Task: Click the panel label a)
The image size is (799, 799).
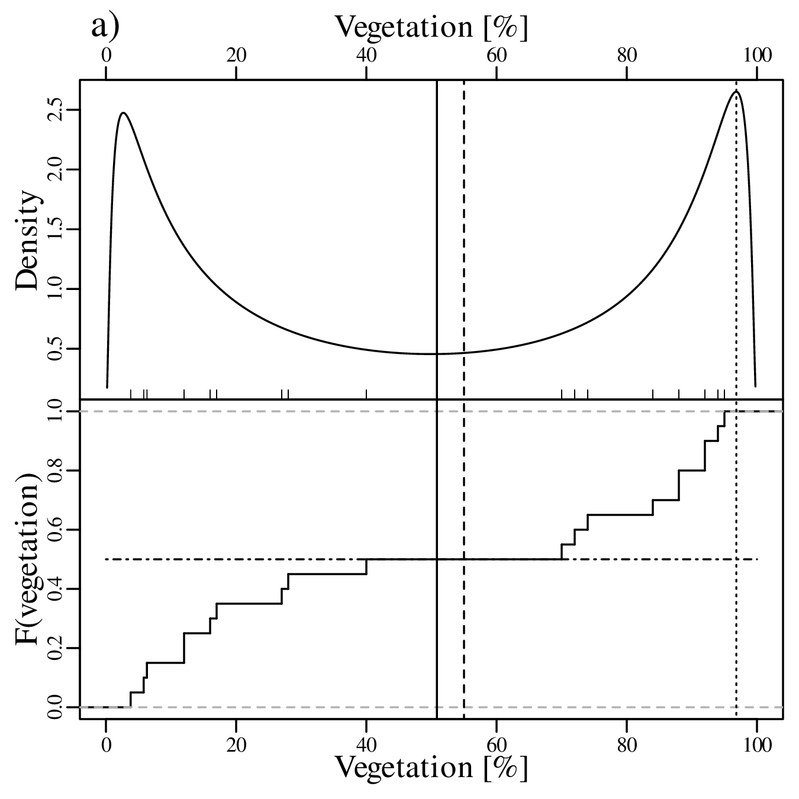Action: click(x=105, y=27)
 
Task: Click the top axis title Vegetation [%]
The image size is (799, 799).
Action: click(x=431, y=27)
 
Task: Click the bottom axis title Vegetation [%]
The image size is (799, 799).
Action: click(x=431, y=767)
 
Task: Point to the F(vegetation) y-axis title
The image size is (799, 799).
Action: click(x=28, y=559)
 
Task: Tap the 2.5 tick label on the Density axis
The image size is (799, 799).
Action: click(x=56, y=110)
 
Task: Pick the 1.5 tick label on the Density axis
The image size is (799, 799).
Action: click(x=56, y=230)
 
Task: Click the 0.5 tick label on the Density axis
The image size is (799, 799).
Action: click(x=56, y=349)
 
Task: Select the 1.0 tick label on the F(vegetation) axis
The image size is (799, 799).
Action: click(x=56, y=411)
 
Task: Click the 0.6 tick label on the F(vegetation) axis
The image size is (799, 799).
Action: click(x=56, y=530)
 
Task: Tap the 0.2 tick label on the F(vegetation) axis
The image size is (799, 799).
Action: click(x=56, y=648)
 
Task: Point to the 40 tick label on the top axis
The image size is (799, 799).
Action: click(x=366, y=55)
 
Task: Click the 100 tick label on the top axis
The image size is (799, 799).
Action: click(x=757, y=55)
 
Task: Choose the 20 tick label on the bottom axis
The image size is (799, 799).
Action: click(x=236, y=744)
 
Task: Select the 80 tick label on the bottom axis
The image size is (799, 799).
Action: click(x=627, y=744)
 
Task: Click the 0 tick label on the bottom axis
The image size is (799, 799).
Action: click(x=106, y=744)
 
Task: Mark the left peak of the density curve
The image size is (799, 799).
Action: click(x=123, y=112)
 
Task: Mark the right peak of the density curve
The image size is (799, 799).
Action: click(x=736, y=92)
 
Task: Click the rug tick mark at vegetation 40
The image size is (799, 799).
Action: click(x=366, y=394)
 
